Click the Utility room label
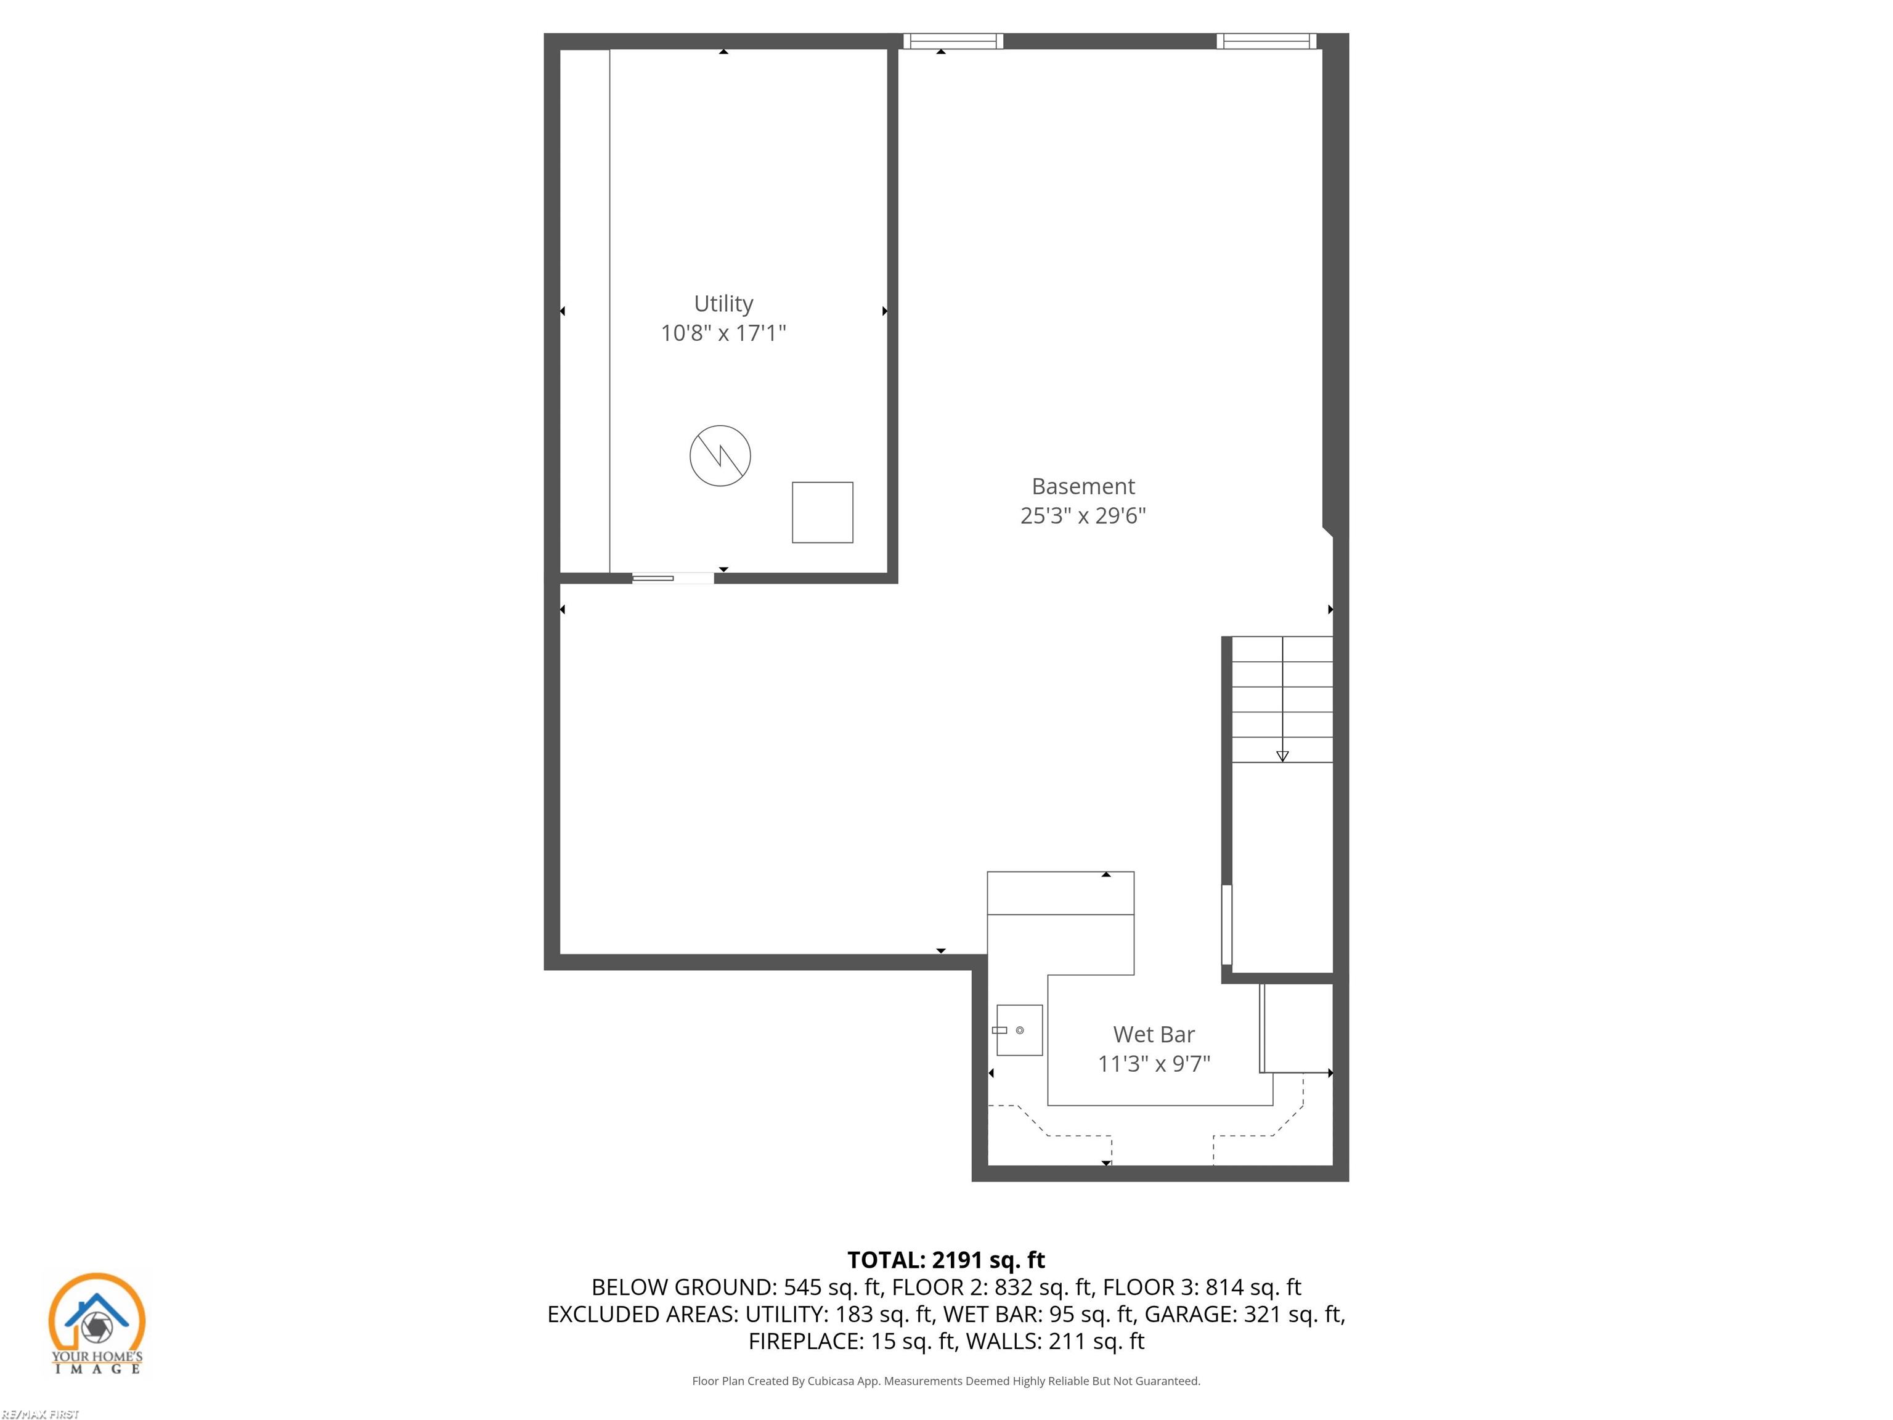click(723, 304)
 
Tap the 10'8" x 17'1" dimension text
click(723, 333)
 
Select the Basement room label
click(1083, 486)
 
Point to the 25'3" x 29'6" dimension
click(1083, 515)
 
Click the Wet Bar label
click(1154, 1034)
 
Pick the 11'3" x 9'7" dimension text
click(1154, 1063)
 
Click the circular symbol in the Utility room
click(720, 455)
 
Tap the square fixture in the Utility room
click(821, 512)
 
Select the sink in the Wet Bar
click(1019, 1030)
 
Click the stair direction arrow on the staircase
click(1282, 755)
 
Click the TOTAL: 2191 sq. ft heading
click(946, 1260)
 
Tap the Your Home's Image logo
click(97, 1323)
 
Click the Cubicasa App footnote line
click(946, 1381)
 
